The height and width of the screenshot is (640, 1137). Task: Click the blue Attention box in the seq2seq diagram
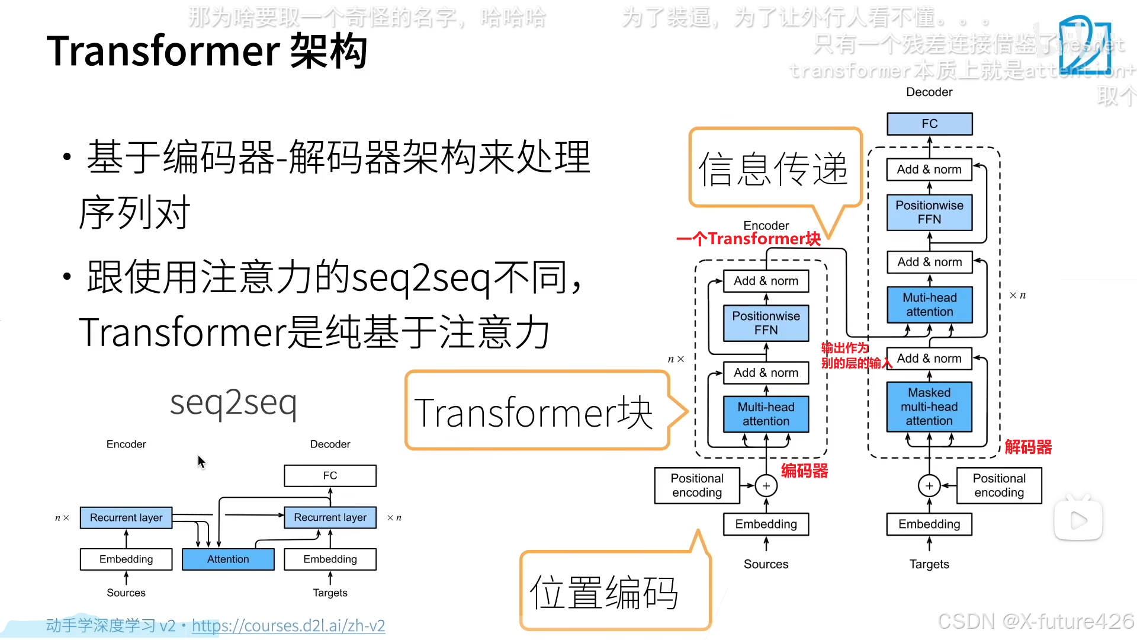228,559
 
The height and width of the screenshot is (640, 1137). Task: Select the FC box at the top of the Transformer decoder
929,123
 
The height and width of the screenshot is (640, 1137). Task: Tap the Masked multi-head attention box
929,407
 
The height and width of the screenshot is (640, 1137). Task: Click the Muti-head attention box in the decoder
929,305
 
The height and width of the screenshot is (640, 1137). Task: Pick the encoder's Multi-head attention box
766,414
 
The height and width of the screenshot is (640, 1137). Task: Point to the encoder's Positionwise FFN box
766,323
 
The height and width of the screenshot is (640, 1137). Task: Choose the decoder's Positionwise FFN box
929,212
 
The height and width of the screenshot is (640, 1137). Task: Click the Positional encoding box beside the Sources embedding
697,485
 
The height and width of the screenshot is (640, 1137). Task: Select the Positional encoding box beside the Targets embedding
999,485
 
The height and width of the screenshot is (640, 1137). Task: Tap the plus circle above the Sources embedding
766,486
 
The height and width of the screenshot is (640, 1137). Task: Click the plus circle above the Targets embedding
929,486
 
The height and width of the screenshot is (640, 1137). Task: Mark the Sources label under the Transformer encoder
766,564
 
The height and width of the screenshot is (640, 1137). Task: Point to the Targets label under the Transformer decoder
929,564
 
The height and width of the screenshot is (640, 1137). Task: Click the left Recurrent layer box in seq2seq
126,517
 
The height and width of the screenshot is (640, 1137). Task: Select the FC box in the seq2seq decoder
330,475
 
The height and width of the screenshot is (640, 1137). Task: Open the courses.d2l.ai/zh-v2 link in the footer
288,626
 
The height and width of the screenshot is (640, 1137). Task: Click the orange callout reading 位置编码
604,592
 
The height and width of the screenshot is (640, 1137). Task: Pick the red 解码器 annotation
1028,447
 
